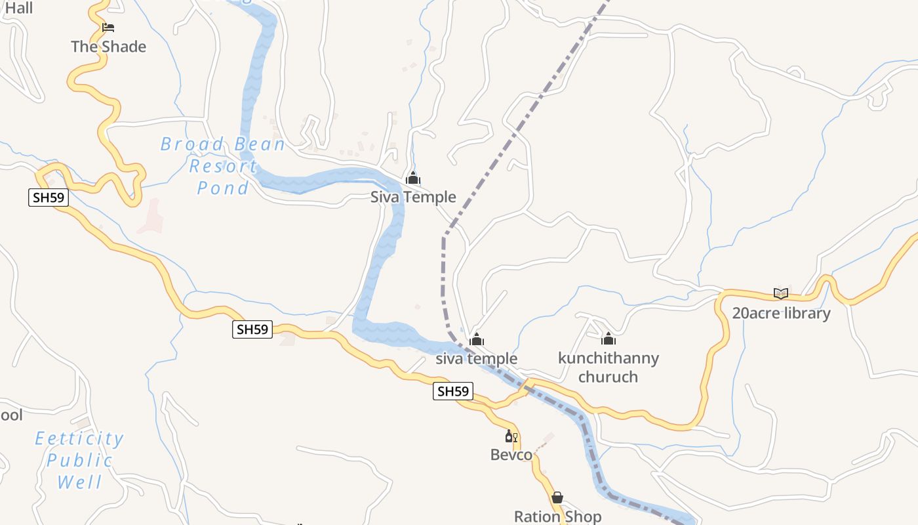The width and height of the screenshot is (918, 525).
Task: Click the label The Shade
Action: point(108,47)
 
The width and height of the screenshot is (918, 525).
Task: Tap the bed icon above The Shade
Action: point(108,28)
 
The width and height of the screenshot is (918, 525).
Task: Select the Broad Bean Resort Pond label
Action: point(223,166)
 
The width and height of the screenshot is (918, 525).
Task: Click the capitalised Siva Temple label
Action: point(413,197)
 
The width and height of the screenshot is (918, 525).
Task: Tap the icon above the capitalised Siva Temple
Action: point(413,178)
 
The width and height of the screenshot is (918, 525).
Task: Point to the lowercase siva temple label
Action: point(477,358)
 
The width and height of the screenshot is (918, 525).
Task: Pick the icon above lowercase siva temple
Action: point(477,339)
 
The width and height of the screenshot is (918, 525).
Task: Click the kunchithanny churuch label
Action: point(608,367)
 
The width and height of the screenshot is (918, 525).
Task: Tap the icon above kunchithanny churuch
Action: point(609,339)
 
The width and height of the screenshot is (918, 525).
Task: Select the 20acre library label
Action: point(781,313)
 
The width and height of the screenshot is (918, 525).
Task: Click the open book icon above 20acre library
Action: point(780,293)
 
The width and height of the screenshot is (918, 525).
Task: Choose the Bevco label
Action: point(511,455)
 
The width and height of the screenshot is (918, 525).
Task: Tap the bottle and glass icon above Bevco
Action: point(511,436)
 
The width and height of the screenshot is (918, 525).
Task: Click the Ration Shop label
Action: point(557,516)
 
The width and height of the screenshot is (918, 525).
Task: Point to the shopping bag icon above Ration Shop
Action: point(557,497)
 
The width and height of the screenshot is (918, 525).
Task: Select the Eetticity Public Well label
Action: point(79,460)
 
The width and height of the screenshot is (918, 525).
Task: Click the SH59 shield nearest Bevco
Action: point(453,392)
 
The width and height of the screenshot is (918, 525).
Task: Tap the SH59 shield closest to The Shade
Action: point(49,198)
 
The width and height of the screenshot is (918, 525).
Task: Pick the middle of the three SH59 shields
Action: point(252,329)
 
